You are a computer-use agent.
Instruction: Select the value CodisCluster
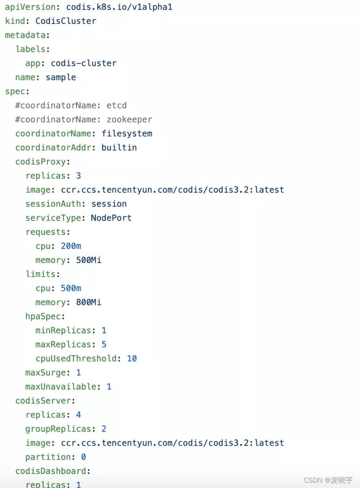(x=66, y=21)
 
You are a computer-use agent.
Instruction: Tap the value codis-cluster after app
(x=83, y=63)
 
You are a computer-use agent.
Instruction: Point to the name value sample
(x=60, y=77)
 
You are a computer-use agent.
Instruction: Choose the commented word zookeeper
(x=129, y=119)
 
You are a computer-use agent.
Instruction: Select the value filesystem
(x=127, y=133)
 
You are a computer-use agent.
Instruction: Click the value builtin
(x=119, y=147)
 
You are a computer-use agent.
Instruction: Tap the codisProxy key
(x=42, y=162)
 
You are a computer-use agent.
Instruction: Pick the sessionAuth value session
(x=109, y=203)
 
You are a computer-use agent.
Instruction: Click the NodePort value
(x=111, y=218)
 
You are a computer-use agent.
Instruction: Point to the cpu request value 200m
(x=71, y=246)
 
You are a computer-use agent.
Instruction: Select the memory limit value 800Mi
(x=89, y=302)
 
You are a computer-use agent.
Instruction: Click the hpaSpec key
(x=43, y=316)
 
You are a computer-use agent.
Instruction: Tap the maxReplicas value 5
(x=104, y=345)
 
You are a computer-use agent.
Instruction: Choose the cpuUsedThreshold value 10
(x=132, y=359)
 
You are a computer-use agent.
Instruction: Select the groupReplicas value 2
(x=104, y=429)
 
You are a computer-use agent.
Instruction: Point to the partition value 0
(x=83, y=457)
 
